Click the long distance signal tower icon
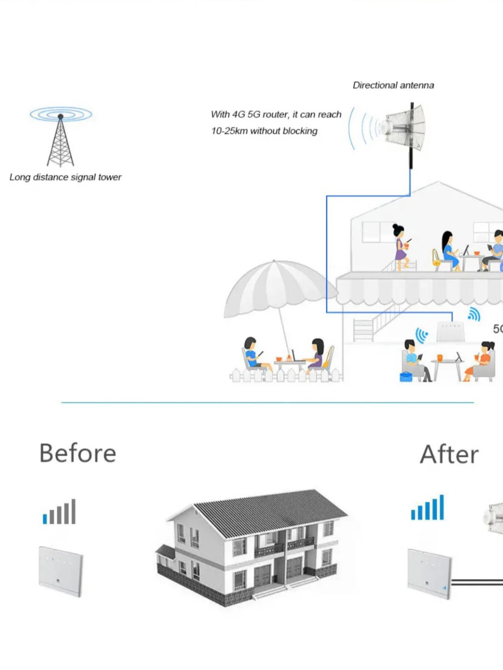60,138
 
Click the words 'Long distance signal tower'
65,177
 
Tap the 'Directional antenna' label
393,85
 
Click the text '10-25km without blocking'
264,131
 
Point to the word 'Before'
78,453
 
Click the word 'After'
449,454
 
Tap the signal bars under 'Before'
59,512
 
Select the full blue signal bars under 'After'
427,508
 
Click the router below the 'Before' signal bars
61,571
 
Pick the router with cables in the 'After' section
430,574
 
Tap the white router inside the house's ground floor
450,332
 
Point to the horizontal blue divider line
267,402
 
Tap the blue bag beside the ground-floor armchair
406,377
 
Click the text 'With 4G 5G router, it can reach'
276,114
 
